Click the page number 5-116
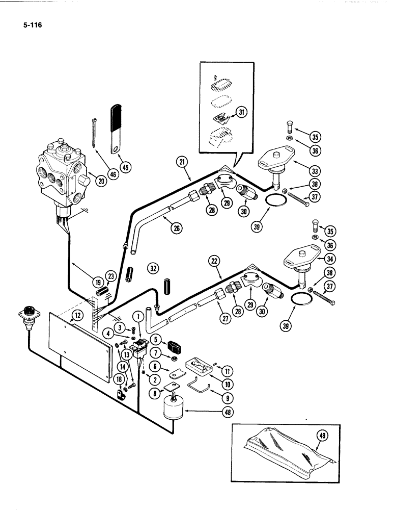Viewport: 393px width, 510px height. [x=31, y=22]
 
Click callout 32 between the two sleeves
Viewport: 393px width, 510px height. [x=153, y=267]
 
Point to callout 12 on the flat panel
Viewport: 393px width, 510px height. [x=76, y=316]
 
